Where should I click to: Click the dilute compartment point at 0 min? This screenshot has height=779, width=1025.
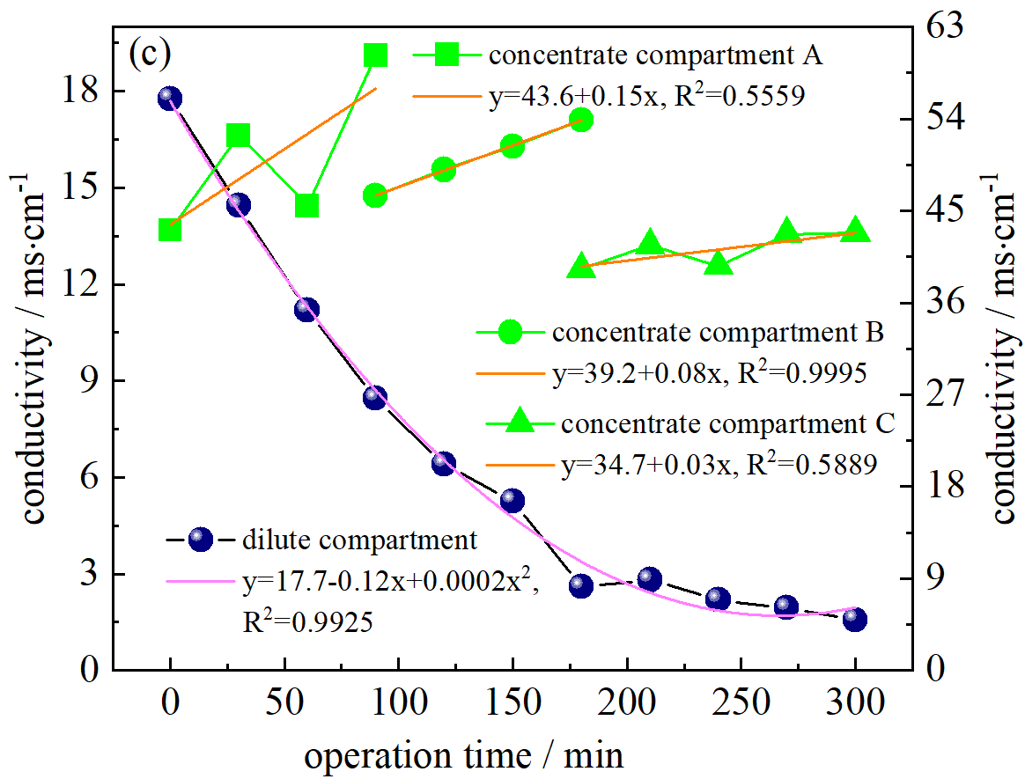coord(170,98)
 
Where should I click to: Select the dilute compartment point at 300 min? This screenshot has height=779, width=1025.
coord(855,619)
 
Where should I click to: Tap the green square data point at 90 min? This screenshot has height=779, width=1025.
coord(376,55)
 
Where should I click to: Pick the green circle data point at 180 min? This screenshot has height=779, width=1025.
coord(581,120)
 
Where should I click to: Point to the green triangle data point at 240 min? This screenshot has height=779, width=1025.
coord(719,262)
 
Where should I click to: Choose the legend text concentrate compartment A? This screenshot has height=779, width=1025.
coord(655,55)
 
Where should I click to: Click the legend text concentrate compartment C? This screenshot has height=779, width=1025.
coord(727,423)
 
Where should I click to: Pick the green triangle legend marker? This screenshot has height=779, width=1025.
coord(520,422)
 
